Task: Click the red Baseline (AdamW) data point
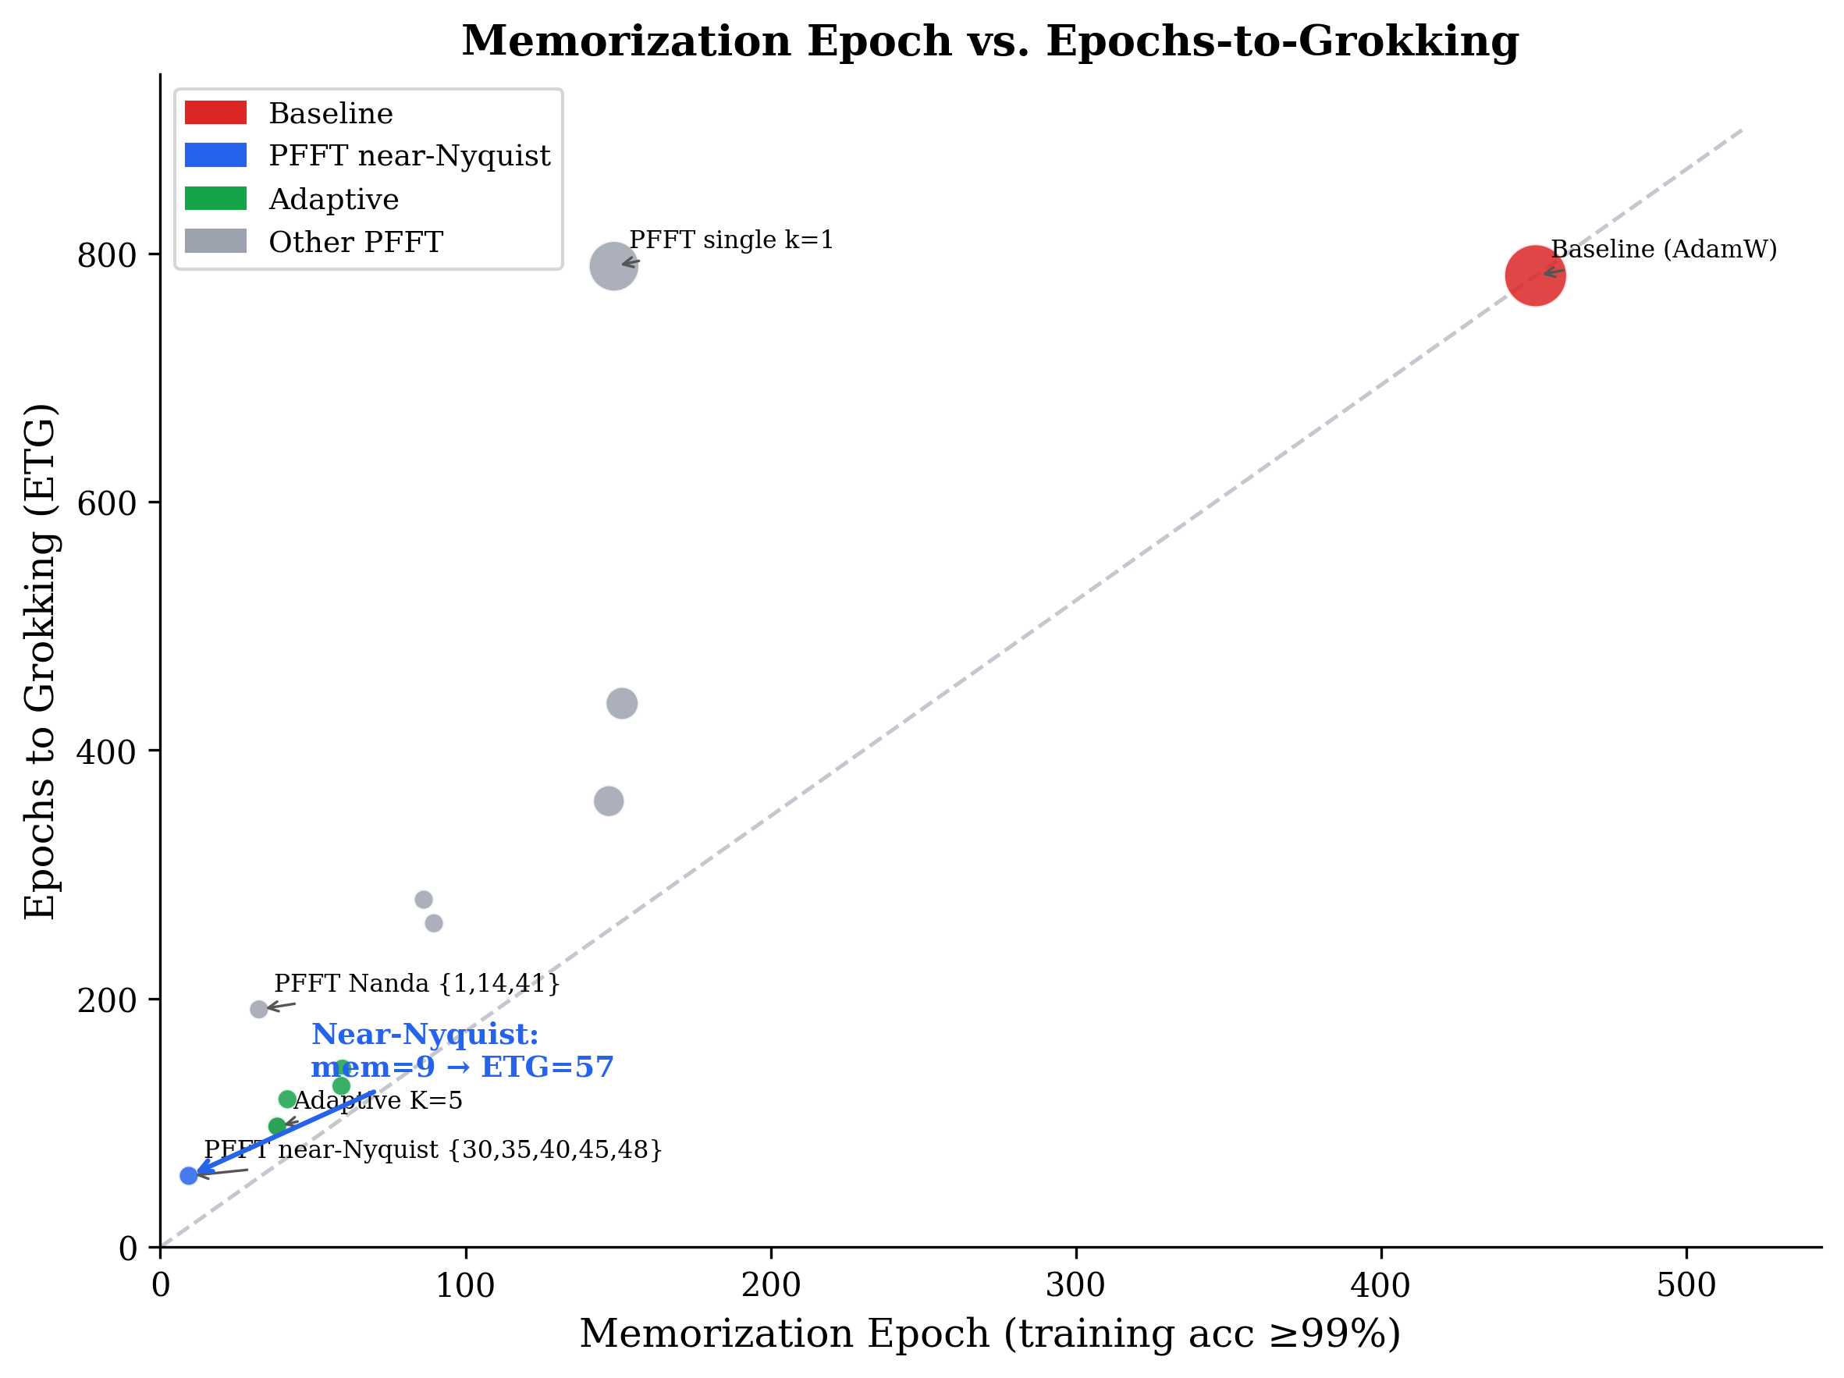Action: click(1535, 275)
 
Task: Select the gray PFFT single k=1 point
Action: click(613, 266)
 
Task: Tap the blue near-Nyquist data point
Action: click(188, 1175)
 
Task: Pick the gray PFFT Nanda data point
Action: click(259, 1010)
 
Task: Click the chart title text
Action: click(990, 41)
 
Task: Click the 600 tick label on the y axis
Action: click(107, 503)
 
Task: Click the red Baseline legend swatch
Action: click(215, 112)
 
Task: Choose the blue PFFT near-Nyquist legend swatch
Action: click(215, 155)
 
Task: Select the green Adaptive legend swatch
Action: click(215, 198)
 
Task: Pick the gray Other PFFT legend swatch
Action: click(215, 241)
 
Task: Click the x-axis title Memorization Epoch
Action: click(990, 1334)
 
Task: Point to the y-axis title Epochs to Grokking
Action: click(40, 662)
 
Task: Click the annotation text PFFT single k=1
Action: click(731, 240)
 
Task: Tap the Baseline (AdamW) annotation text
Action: click(1664, 249)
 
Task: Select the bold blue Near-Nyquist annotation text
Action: click(462, 1050)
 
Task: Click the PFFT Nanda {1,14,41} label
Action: click(417, 984)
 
